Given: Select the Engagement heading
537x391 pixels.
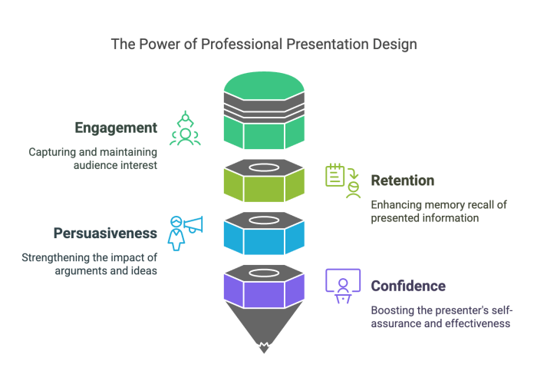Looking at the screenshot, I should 117,128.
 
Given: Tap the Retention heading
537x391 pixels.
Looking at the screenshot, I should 403,181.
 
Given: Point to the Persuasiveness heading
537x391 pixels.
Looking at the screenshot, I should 105,232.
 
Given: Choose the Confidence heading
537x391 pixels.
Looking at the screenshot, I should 407,286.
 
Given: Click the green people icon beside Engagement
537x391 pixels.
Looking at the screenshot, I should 185,129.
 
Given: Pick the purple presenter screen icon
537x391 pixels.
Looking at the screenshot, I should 342,284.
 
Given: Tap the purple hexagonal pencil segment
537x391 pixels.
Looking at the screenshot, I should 264,291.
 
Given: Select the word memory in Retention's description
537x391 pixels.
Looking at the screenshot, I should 446,205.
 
